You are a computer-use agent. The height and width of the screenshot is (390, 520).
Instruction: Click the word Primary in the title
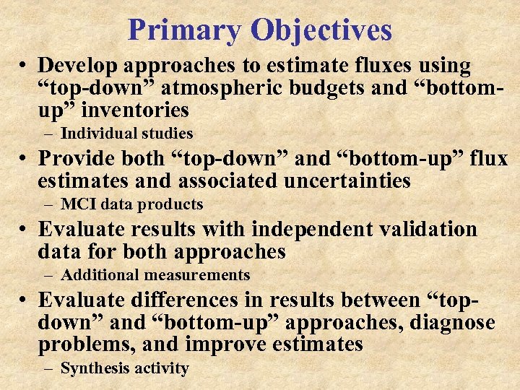click(x=184, y=30)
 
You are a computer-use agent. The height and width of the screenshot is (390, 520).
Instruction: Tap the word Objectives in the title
click(x=321, y=30)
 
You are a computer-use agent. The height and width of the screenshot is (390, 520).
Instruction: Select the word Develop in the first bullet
click(x=78, y=66)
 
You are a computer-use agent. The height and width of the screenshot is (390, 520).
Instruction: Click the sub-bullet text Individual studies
click(x=127, y=134)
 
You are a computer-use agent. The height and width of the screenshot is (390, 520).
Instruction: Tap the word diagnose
click(x=451, y=322)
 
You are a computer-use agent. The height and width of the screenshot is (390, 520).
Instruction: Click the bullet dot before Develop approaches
click(x=24, y=67)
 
